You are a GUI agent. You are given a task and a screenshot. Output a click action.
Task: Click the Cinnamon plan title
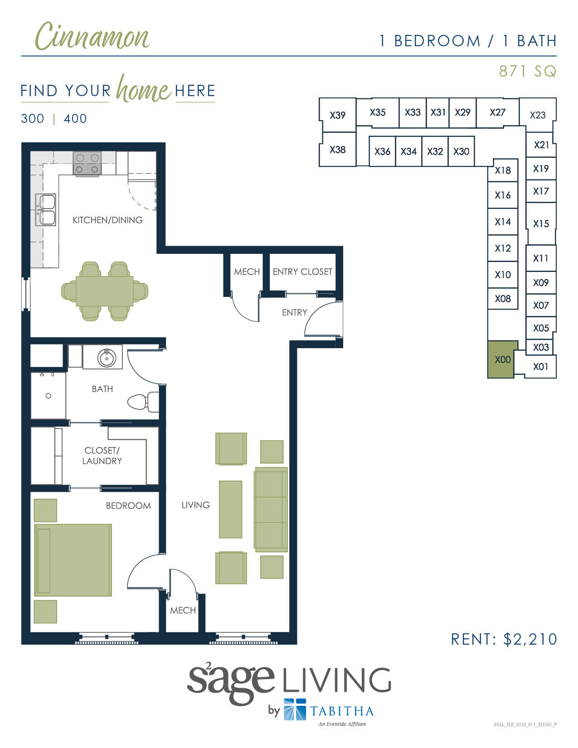tap(92, 36)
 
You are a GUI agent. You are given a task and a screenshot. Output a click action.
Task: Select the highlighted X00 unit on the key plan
tap(502, 359)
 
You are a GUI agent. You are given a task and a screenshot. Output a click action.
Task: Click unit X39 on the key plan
tap(337, 115)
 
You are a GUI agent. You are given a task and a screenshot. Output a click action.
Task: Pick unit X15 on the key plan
tap(541, 223)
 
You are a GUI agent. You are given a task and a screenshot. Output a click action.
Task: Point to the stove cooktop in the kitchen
tap(87, 163)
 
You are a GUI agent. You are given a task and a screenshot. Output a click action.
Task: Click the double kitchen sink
tap(46, 209)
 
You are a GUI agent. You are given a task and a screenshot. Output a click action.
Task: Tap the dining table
tap(104, 291)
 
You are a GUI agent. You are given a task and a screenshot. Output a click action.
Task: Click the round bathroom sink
tap(107, 358)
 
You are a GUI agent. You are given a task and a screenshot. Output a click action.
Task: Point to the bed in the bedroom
tap(73, 560)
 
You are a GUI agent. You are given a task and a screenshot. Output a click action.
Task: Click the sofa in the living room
tap(271, 510)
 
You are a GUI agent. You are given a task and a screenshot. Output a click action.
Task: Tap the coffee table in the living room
tap(230, 509)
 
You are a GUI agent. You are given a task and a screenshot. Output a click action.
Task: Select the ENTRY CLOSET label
tap(302, 272)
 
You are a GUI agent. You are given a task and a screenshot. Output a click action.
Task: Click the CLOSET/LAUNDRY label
tap(102, 456)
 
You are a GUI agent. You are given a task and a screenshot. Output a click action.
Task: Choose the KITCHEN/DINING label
tap(107, 220)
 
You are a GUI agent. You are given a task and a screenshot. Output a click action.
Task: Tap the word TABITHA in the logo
tap(342, 711)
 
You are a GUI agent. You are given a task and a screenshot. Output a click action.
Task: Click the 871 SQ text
tap(527, 71)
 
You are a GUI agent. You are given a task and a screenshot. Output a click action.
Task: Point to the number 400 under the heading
tap(75, 119)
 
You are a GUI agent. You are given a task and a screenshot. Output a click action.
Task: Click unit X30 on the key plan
tap(461, 151)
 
